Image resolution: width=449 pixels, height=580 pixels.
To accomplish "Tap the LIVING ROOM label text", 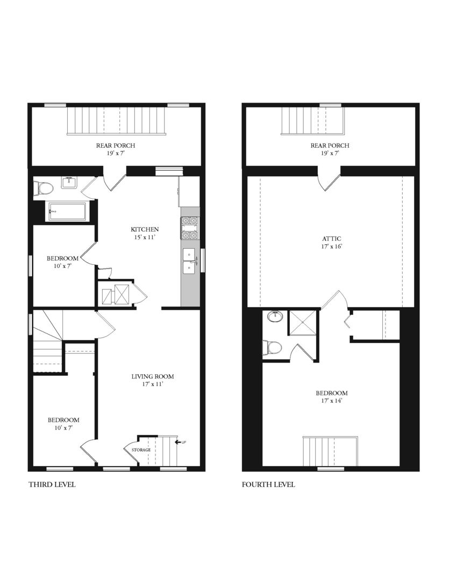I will coord(152,376).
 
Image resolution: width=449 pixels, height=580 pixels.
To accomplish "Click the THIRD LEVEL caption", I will coord(52,484).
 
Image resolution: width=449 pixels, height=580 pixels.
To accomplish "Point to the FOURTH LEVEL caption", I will coord(268,484).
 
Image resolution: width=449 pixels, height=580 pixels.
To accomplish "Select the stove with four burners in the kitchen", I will coord(190,228).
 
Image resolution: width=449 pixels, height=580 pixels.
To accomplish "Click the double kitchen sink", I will coord(189,260).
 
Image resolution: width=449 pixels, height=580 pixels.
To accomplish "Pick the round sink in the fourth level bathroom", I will coord(275,316).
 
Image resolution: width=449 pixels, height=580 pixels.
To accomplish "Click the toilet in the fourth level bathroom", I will coord(272,348).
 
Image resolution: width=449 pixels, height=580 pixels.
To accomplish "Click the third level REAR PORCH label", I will coord(116,146).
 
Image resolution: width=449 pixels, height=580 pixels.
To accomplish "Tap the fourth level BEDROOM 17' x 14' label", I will coord(331,396).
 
